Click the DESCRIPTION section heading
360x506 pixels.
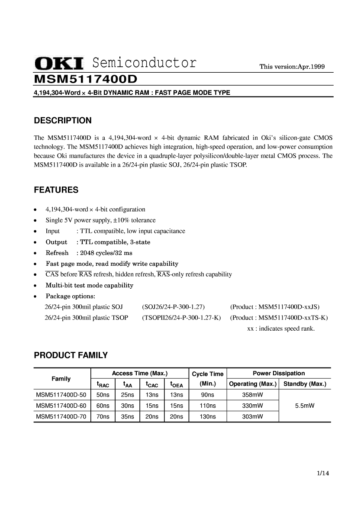pos(63,120)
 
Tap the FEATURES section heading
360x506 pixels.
pos(56,190)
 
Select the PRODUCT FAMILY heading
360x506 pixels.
pos(71,356)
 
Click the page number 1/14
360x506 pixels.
pos(323,473)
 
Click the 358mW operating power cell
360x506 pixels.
pos(253,395)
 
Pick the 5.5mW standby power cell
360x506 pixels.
pos(305,406)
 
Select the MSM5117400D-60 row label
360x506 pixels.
pos(61,406)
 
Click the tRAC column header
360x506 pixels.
pos(103,384)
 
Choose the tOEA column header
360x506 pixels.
pos(177,384)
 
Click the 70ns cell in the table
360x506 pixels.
pos(103,417)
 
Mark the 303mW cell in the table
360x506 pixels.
pos(253,417)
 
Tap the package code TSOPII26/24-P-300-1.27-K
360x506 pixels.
pos(181,318)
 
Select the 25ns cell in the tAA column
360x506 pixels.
pos(127,395)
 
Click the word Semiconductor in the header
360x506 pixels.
pos(145,63)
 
